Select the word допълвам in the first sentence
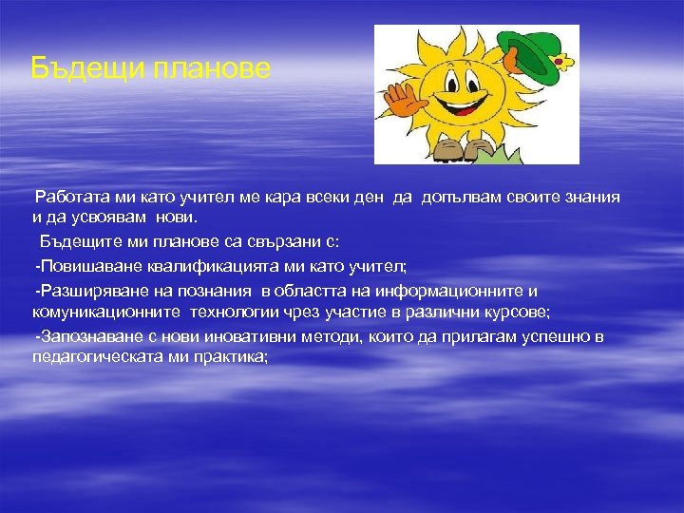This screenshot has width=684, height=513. (x=458, y=197)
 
